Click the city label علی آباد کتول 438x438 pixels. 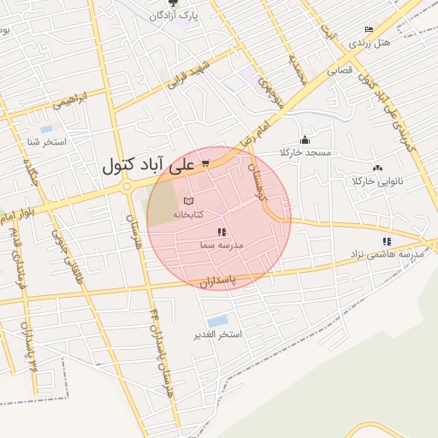click(150, 164)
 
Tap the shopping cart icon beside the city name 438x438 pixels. click(205, 162)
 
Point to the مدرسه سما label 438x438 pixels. click(222, 245)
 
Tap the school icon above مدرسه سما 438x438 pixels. click(222, 232)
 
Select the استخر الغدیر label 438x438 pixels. click(219, 334)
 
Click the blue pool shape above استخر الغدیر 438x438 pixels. click(217, 321)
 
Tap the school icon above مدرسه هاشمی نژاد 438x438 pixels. click(387, 242)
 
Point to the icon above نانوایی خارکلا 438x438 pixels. click(377, 169)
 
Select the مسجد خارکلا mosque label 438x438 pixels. click(304, 152)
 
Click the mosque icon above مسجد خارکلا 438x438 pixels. click(304, 140)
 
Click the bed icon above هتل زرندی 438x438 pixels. click(369, 29)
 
